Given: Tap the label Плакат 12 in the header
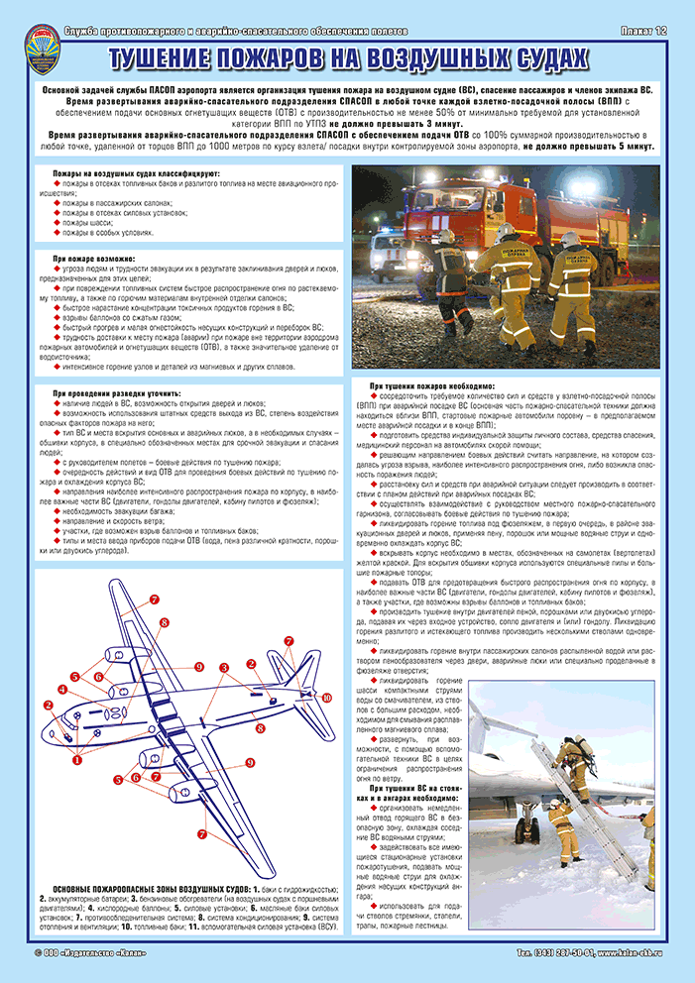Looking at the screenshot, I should (644, 33).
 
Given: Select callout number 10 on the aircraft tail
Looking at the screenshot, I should (326, 697).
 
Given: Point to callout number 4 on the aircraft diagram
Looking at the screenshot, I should (61, 689).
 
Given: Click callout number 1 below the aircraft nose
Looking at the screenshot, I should (77, 762).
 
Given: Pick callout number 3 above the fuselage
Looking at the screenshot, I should (225, 667).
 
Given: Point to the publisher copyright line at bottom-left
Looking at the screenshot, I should (89, 952).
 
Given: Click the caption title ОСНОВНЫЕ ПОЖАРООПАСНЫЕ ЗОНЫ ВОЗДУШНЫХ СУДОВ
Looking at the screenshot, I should (139, 888).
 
